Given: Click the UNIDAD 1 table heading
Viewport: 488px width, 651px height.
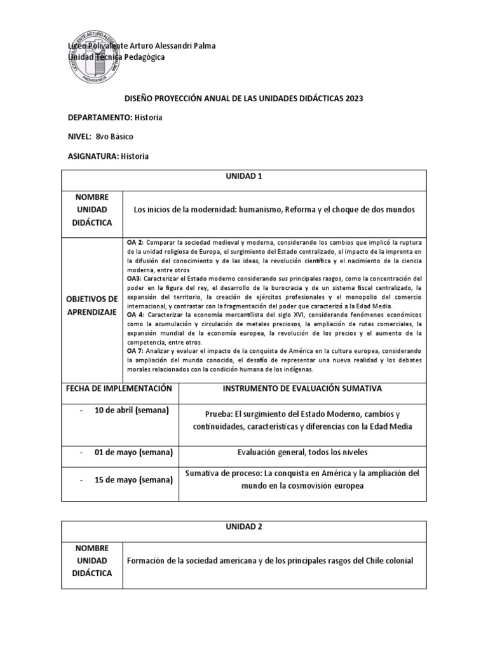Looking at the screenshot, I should tap(244, 177).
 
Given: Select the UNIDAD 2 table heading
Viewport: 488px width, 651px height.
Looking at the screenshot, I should tap(244, 528).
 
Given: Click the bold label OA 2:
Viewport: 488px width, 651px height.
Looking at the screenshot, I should tap(135, 243).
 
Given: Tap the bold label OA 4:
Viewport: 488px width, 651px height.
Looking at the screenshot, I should tap(135, 315).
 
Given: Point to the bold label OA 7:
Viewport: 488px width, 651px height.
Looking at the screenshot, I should tap(135, 350).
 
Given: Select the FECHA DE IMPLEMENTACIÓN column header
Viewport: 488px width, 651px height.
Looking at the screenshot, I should tap(120, 388).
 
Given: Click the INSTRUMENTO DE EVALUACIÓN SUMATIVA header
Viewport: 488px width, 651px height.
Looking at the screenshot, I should tap(301, 388).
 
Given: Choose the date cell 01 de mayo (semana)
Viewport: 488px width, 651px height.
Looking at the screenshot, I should tap(133, 452).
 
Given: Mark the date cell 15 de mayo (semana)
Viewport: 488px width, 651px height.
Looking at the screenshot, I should tap(133, 479).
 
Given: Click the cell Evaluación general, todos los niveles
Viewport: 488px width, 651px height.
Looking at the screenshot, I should tap(301, 452).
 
